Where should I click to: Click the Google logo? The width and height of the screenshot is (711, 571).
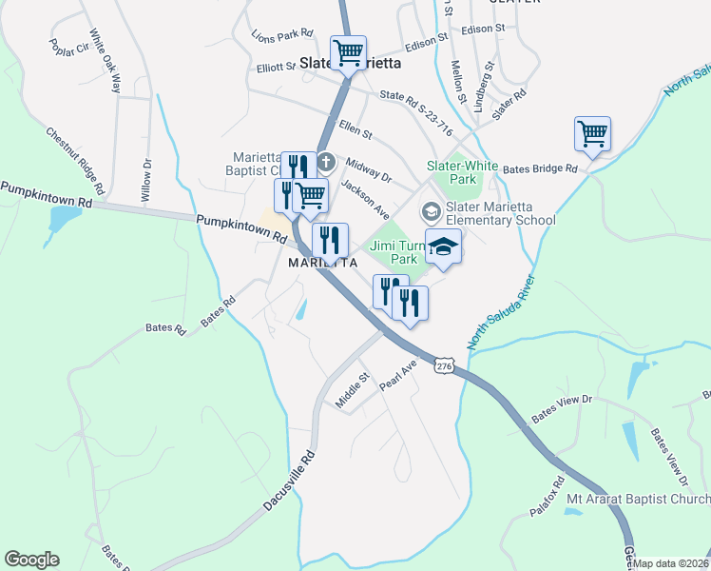[x=31, y=560]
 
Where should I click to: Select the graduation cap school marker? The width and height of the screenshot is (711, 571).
[x=442, y=248]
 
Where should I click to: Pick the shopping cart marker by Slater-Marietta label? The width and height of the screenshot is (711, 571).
[x=348, y=52]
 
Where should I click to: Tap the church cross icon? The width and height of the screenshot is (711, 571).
[x=326, y=161]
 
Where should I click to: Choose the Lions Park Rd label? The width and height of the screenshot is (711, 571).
[x=282, y=33]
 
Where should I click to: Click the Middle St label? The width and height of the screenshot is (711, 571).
[x=351, y=390]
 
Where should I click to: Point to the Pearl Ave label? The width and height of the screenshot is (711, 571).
[x=398, y=374]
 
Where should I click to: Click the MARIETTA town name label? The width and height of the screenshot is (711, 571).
[x=322, y=263]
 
